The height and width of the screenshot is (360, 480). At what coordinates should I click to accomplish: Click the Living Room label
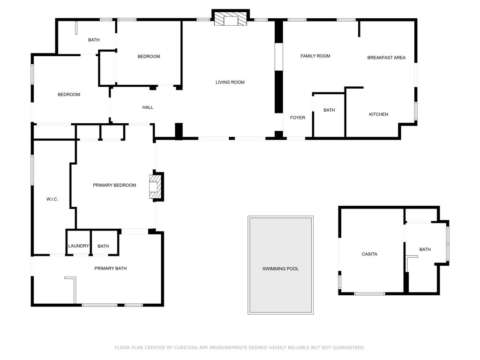pyautogui.click(x=230, y=82)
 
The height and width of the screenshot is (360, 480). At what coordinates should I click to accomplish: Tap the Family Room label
pyautogui.click(x=315, y=56)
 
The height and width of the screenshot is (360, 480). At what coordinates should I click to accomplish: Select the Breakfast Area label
pyautogui.click(x=386, y=58)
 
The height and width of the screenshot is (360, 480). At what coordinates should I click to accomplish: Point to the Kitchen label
pyautogui.click(x=378, y=114)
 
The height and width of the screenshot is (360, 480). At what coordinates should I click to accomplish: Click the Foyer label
pyautogui.click(x=298, y=118)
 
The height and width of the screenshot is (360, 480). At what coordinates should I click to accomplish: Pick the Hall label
pyautogui.click(x=148, y=107)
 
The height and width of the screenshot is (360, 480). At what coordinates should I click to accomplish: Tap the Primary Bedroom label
pyautogui.click(x=114, y=185)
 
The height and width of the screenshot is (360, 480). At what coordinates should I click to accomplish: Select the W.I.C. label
pyautogui.click(x=52, y=199)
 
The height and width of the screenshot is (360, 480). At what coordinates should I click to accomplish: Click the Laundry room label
pyautogui.click(x=79, y=246)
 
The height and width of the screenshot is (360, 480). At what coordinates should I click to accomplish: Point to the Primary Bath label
pyautogui.click(x=111, y=269)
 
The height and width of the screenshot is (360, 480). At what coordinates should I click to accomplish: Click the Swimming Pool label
pyautogui.click(x=280, y=269)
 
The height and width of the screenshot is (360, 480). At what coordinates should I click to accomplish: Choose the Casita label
pyautogui.click(x=369, y=254)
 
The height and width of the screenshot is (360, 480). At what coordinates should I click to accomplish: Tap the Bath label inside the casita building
pyautogui.click(x=425, y=249)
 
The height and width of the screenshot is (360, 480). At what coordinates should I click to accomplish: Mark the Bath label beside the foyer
pyautogui.click(x=329, y=110)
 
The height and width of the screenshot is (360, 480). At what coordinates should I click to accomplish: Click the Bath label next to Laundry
pyautogui.click(x=103, y=246)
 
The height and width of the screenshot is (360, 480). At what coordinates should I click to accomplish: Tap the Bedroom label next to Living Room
pyautogui.click(x=149, y=57)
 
